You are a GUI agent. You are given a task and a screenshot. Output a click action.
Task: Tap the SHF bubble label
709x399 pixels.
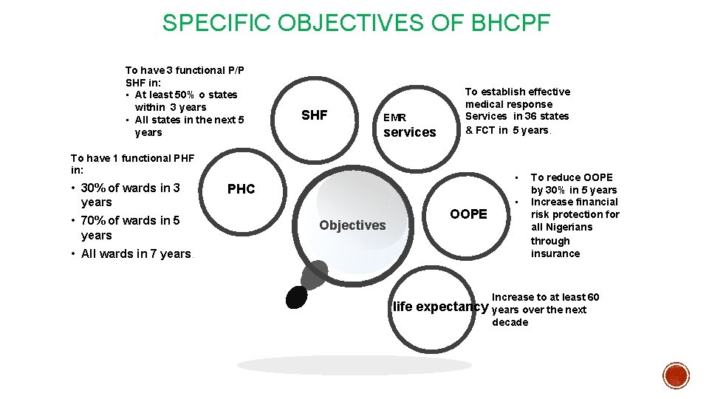click(x=314, y=115)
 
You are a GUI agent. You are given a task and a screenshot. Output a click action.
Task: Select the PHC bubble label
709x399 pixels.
click(x=241, y=189)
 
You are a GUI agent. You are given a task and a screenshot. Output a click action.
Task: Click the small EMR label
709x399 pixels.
click(x=394, y=117)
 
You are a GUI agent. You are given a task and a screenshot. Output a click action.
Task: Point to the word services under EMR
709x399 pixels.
click(x=410, y=132)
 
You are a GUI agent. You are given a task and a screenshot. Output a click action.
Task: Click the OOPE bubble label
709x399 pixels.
click(x=468, y=214)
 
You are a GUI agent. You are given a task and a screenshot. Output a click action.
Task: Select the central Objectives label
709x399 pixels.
click(x=352, y=225)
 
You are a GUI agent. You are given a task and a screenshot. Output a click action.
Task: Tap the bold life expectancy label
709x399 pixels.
click(x=440, y=307)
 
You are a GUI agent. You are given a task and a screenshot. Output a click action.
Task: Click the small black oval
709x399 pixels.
click(x=296, y=296)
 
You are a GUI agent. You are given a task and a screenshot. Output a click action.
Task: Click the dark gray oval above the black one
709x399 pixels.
click(x=315, y=275)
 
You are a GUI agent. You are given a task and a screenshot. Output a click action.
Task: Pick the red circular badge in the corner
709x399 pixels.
click(x=676, y=375)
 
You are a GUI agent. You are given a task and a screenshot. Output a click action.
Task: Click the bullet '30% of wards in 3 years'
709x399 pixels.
click(x=130, y=195)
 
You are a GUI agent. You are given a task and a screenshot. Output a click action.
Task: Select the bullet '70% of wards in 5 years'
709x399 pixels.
click(x=130, y=228)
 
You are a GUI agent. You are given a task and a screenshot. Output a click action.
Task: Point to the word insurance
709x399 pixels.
click(x=555, y=253)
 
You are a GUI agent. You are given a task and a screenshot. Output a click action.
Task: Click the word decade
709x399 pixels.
click(x=510, y=322)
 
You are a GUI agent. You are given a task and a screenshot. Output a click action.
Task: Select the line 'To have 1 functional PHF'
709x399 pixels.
click(x=132, y=157)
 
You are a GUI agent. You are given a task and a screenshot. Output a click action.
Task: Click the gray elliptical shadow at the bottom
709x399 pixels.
click(x=354, y=365)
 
